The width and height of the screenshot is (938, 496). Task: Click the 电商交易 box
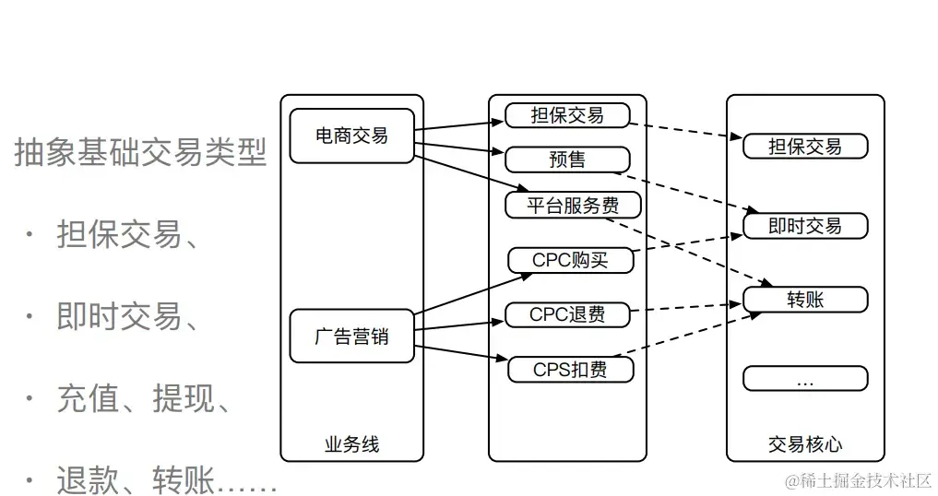click(x=351, y=136)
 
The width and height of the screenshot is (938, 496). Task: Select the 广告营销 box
click(x=351, y=337)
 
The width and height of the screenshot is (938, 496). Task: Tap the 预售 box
click(x=567, y=159)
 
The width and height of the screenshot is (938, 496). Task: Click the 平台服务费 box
click(x=573, y=205)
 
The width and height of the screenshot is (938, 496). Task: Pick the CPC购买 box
click(x=571, y=260)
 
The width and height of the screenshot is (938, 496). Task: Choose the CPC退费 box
click(x=567, y=314)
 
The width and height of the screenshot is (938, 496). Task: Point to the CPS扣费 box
click(x=571, y=370)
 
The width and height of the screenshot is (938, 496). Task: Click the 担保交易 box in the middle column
click(x=567, y=115)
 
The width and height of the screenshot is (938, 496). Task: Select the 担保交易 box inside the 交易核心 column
click(x=805, y=146)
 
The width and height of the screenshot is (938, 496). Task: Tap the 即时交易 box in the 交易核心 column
click(x=805, y=226)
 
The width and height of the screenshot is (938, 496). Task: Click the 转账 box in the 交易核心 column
click(x=805, y=300)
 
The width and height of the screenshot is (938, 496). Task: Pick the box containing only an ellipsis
click(x=805, y=379)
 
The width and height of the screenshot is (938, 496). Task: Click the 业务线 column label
click(x=351, y=444)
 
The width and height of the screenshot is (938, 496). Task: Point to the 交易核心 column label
click(x=805, y=444)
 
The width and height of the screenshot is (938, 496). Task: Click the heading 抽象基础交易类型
click(x=140, y=153)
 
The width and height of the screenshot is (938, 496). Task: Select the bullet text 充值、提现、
click(x=143, y=399)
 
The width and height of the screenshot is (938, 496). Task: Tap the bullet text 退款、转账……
click(x=166, y=479)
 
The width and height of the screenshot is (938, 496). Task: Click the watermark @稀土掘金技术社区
click(x=858, y=480)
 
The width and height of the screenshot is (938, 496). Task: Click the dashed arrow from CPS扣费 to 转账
click(x=696, y=334)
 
